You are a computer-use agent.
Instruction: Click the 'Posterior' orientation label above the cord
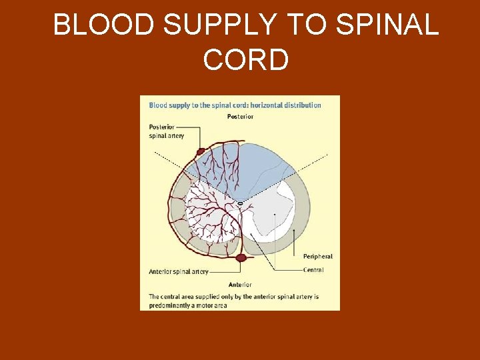(240, 117)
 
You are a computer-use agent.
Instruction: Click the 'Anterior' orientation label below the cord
(240, 285)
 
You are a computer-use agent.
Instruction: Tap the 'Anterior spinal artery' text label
(179, 272)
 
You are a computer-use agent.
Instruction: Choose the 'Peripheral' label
(317, 257)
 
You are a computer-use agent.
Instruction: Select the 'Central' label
(313, 270)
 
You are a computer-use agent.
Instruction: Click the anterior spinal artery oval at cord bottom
(240, 257)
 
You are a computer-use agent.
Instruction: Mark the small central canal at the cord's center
(240, 203)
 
